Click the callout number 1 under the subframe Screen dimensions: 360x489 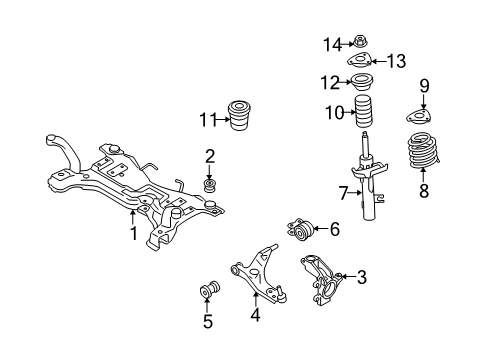(131, 235)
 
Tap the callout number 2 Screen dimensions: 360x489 (210, 155)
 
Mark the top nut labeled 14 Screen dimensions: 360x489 (360, 42)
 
